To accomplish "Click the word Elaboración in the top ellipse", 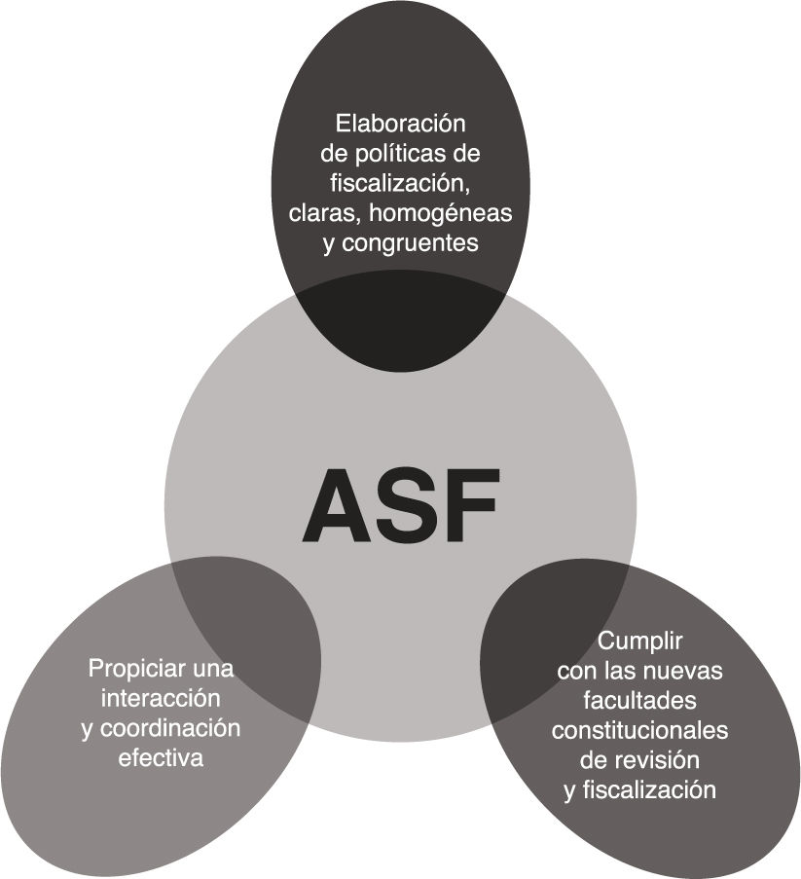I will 401,125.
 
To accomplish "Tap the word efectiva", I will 161,757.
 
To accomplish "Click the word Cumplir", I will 639,642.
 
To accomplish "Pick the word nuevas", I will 688,672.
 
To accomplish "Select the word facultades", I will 639,701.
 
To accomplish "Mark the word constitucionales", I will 639,730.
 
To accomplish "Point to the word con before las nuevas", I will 577,672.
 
